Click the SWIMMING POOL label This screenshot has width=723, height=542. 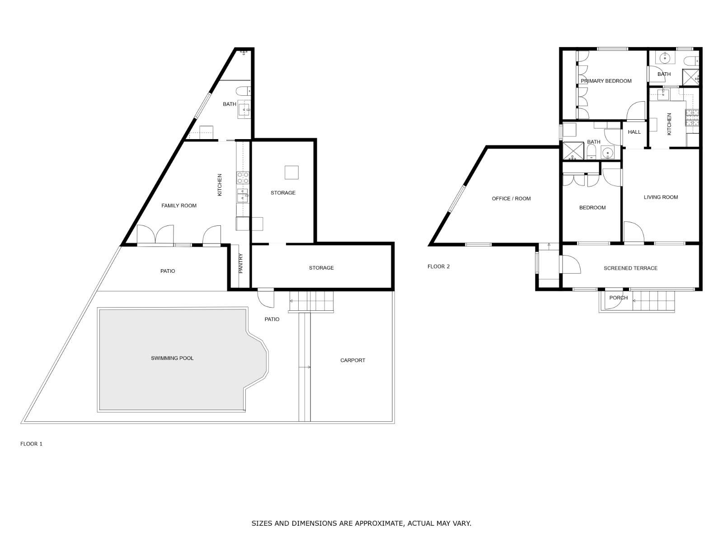[x=172, y=358]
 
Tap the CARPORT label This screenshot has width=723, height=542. [x=352, y=360]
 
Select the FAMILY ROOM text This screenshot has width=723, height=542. [x=179, y=206]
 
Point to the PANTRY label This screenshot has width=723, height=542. [x=240, y=263]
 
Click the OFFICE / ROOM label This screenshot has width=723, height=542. [x=511, y=198]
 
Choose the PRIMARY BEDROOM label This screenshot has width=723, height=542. [x=606, y=81]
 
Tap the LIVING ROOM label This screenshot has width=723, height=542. [x=661, y=197]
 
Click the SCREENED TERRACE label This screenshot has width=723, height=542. [x=630, y=268]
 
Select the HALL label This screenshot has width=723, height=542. [x=634, y=132]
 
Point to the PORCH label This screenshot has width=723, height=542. [x=618, y=298]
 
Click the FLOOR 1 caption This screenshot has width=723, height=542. [x=31, y=444]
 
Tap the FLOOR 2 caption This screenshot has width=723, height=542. [x=438, y=266]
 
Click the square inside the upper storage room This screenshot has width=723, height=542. [x=291, y=173]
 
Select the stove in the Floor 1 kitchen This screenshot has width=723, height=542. [x=243, y=178]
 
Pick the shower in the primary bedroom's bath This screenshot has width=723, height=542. [x=690, y=77]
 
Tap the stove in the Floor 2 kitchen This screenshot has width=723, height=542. [x=692, y=117]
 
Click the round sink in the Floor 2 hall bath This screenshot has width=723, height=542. [x=607, y=153]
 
